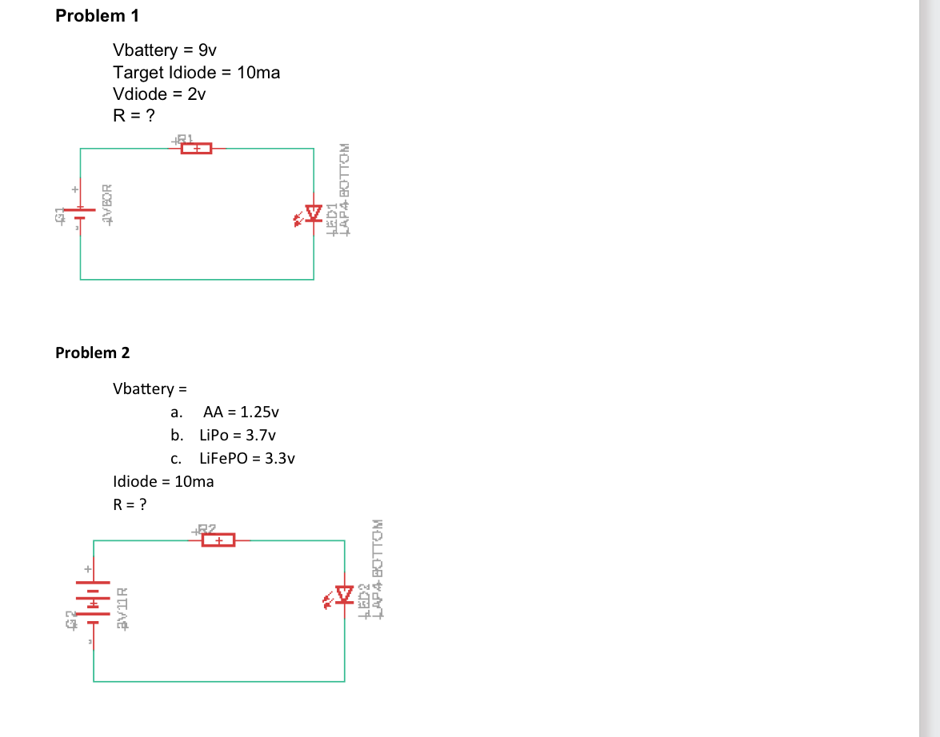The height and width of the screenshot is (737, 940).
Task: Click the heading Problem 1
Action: (x=92, y=16)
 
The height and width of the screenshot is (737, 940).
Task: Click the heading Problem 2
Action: (x=92, y=353)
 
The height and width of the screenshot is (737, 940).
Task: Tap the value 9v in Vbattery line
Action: (x=198, y=50)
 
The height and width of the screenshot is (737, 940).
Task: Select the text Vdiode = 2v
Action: (x=159, y=94)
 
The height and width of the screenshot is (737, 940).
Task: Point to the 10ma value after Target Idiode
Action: (x=258, y=73)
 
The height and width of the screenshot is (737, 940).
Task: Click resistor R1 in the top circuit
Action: (x=196, y=148)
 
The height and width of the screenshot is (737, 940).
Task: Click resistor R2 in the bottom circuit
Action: (x=218, y=540)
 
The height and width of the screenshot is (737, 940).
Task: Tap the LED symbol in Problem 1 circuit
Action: (x=312, y=213)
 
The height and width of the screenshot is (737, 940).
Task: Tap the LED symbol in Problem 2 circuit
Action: (x=344, y=595)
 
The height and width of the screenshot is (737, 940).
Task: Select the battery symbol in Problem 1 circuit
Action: (x=80, y=211)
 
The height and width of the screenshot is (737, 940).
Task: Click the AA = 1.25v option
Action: (x=241, y=412)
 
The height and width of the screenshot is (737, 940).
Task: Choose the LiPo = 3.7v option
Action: (x=237, y=436)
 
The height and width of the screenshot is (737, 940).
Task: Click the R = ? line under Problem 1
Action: (x=134, y=116)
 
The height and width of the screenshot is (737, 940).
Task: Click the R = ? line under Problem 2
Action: (x=130, y=504)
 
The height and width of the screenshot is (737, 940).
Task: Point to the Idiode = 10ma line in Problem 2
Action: (x=163, y=481)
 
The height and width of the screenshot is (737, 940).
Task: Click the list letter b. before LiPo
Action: (x=176, y=436)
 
